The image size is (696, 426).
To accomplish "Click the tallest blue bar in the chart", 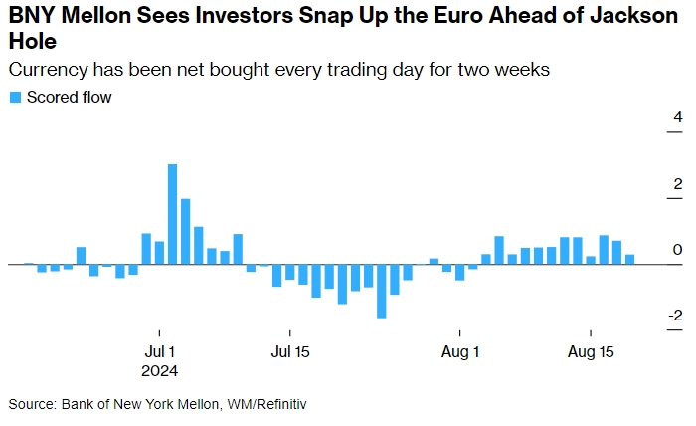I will [x=172, y=214].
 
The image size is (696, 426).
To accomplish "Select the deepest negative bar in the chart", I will [x=381, y=291].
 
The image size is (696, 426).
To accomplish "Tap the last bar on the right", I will [x=629, y=259].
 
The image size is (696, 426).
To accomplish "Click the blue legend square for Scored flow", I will [x=15, y=98].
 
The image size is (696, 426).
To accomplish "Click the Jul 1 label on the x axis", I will [x=160, y=351].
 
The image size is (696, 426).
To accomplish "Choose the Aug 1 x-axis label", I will [x=460, y=351].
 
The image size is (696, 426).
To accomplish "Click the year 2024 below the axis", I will [x=161, y=370].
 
